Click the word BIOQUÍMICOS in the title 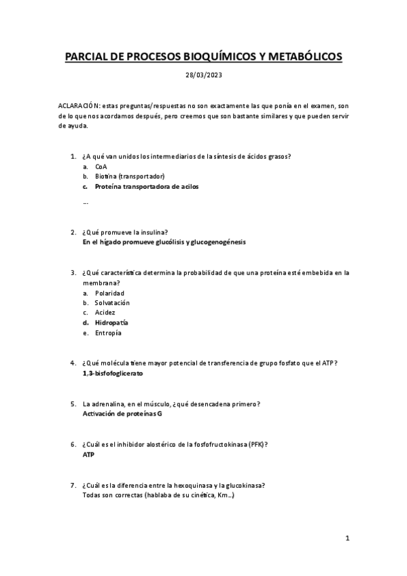point(215,58)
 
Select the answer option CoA point(101,166)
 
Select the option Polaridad point(109,293)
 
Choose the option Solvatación point(112,302)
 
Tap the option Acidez point(105,312)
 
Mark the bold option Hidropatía point(111,323)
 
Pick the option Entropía point(109,333)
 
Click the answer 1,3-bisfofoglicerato point(112,374)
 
